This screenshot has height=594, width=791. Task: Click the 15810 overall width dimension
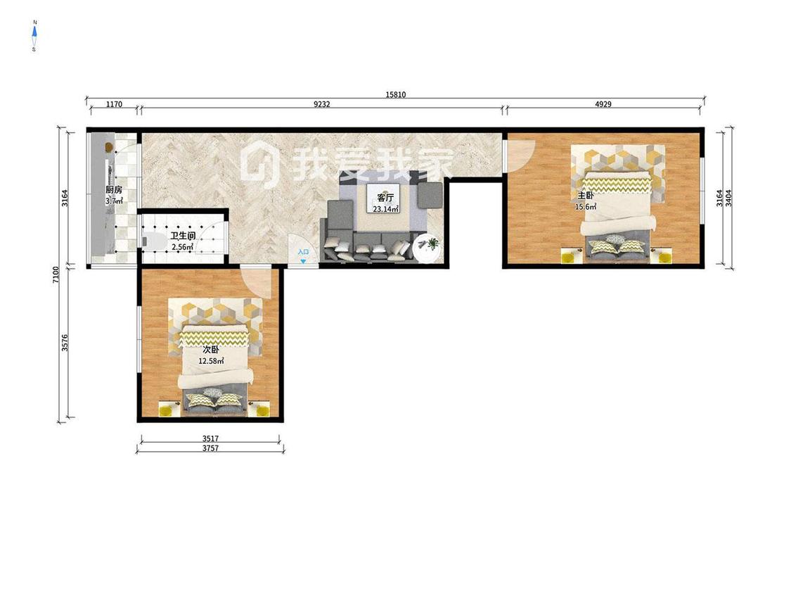(395, 94)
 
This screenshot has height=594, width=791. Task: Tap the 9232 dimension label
(322, 104)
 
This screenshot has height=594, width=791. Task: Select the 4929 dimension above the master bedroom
(603, 104)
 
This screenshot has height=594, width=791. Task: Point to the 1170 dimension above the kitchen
(114, 104)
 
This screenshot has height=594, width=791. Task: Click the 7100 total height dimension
(56, 274)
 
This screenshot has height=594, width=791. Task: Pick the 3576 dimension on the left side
(65, 343)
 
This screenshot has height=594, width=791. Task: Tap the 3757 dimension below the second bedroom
(210, 448)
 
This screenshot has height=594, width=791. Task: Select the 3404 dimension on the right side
(728, 198)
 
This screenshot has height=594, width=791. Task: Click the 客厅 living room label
(385, 198)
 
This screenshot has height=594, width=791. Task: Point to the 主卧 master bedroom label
(586, 196)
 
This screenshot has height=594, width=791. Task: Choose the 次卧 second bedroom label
(211, 350)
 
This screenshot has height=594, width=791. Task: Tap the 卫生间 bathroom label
(183, 236)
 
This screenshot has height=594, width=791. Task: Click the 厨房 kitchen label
(114, 190)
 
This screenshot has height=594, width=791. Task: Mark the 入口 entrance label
(303, 252)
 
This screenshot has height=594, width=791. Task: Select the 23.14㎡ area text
(385, 208)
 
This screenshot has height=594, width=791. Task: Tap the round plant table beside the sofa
(426, 248)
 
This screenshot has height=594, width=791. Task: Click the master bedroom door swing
(520, 156)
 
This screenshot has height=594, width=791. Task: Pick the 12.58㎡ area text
(211, 360)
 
